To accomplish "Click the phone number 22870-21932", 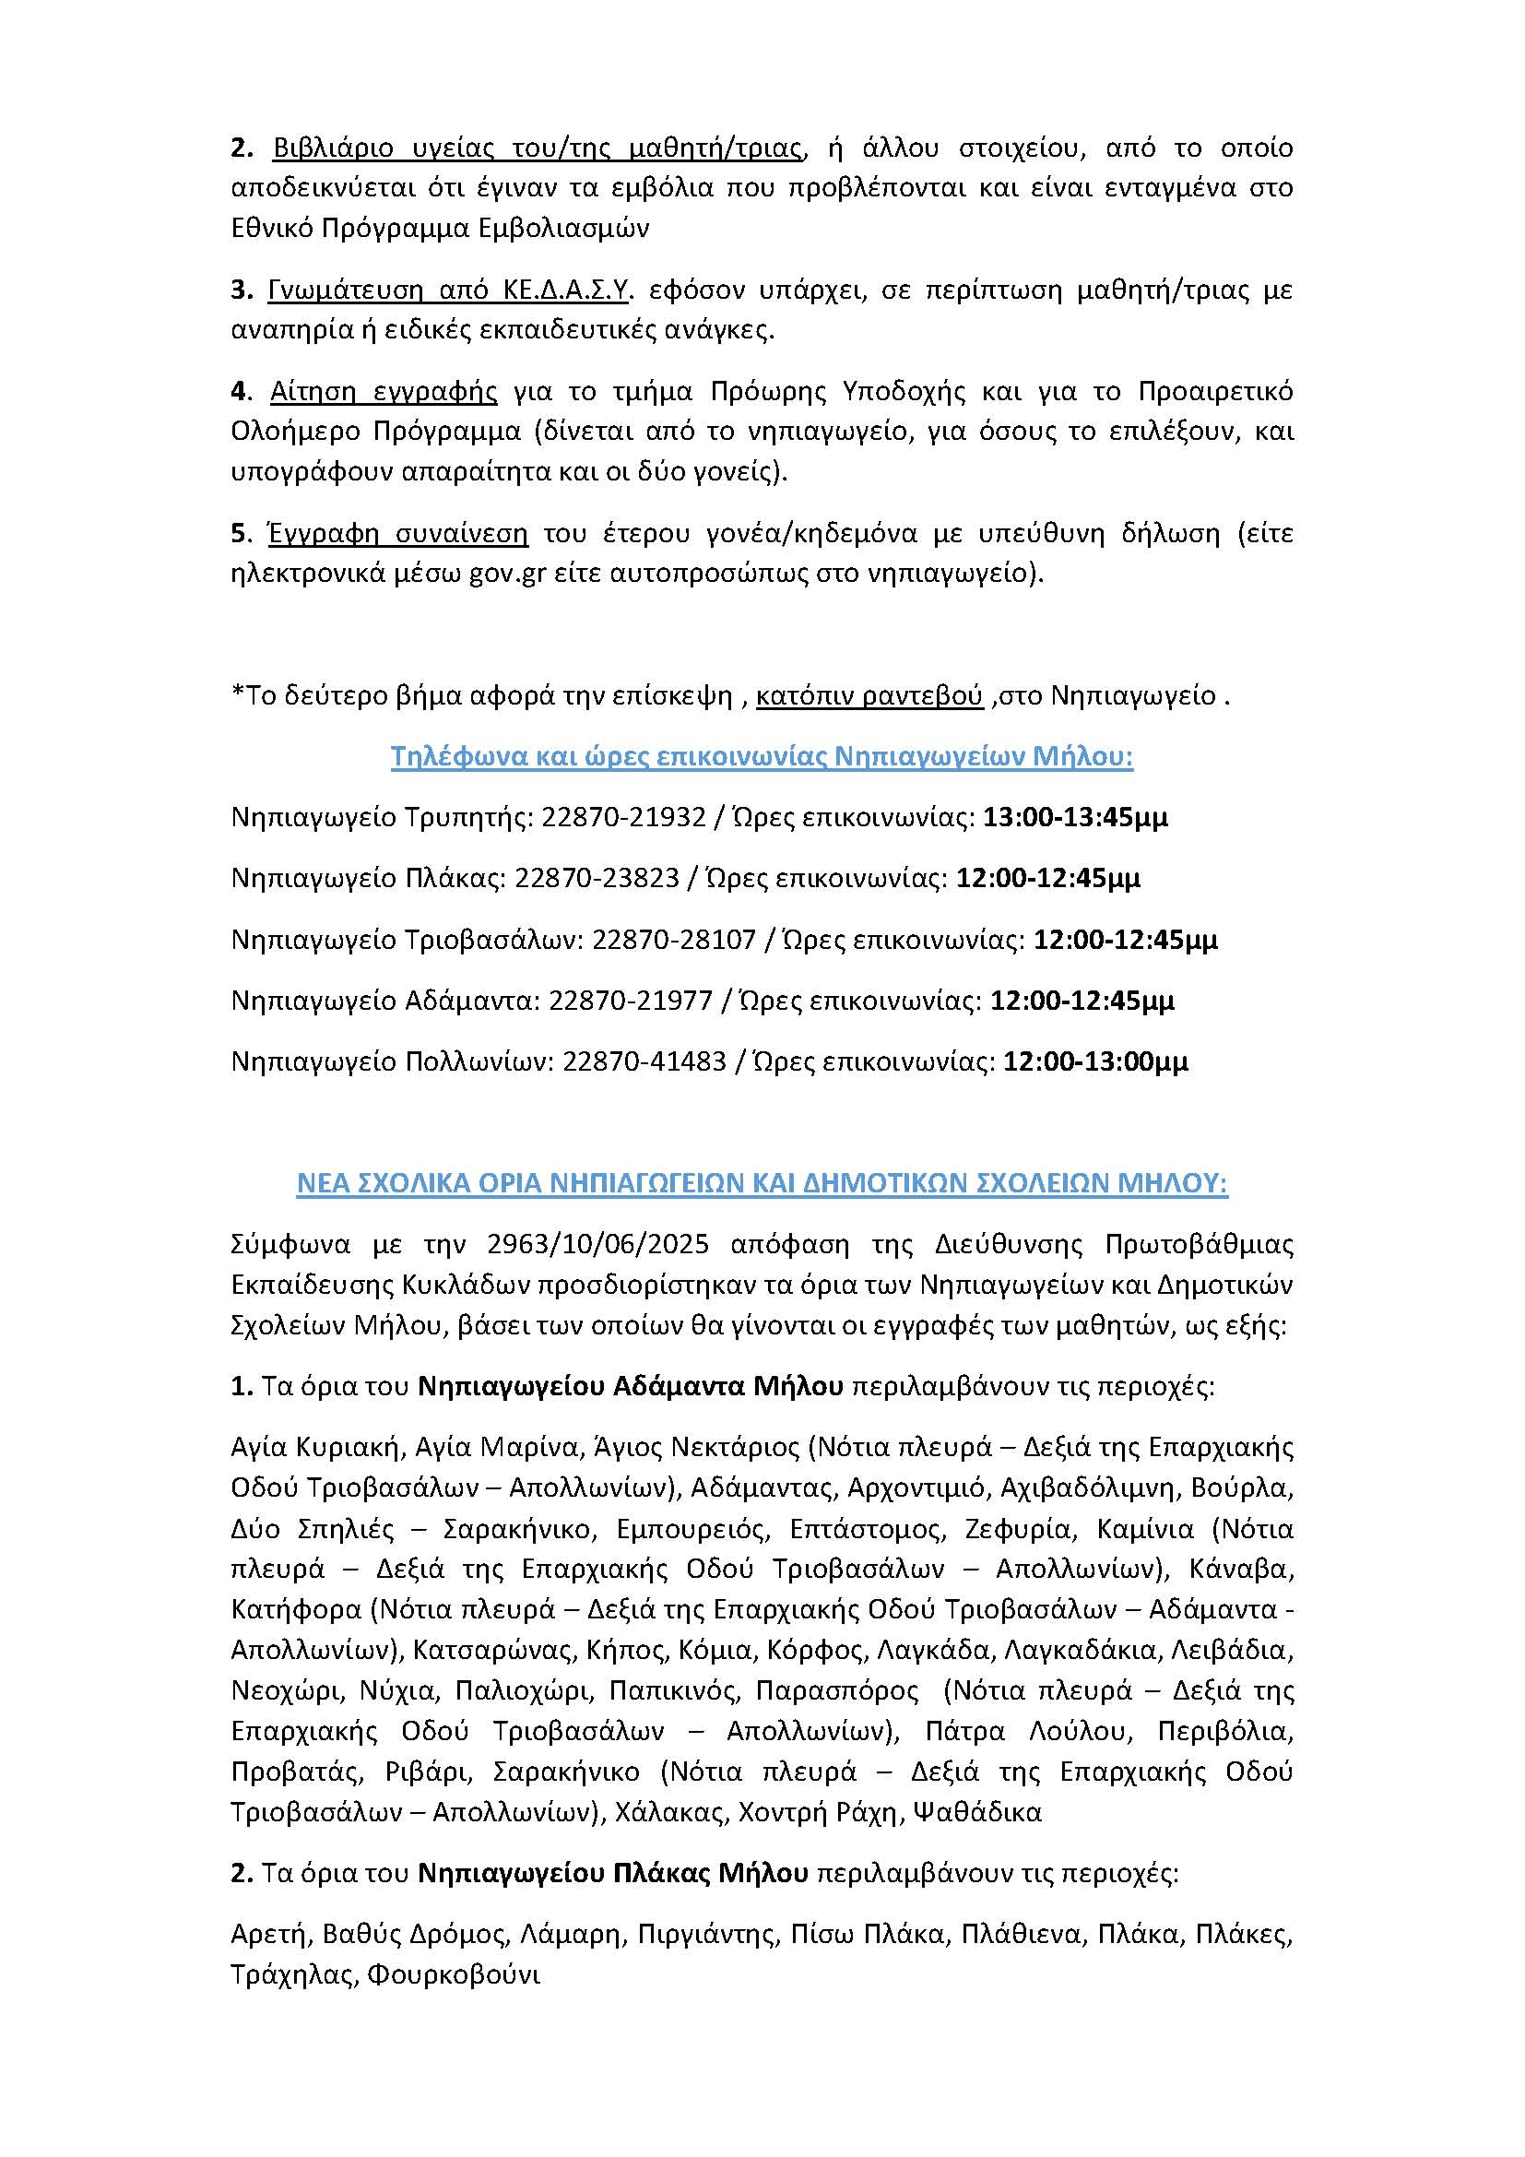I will tap(622, 817).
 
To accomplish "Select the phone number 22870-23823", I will tap(597, 879).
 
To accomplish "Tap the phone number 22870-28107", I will tap(673, 940).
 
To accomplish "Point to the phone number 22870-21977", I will tap(630, 1001).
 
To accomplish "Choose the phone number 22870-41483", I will tap(644, 1061).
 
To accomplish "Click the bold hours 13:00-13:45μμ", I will tap(1075, 817).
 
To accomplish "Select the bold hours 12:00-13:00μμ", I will tap(1096, 1061).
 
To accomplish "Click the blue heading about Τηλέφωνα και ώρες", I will tap(762, 757).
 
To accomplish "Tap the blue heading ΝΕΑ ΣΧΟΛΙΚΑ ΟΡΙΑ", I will tap(762, 1185).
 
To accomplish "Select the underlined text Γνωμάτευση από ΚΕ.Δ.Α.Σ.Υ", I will tap(448, 290).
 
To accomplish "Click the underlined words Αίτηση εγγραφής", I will tap(384, 391).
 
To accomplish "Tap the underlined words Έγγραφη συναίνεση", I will tap(398, 534).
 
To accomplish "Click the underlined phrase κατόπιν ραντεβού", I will tap(869, 696).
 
